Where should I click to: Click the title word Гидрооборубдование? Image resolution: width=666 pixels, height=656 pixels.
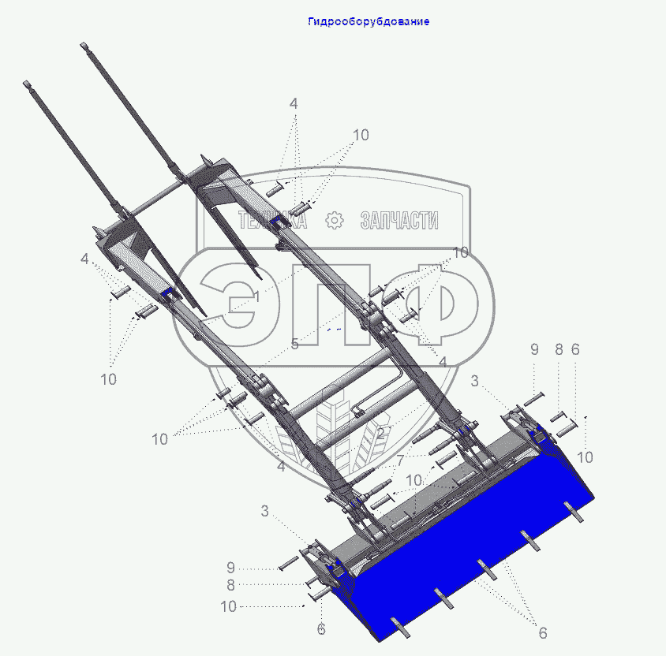[369, 21]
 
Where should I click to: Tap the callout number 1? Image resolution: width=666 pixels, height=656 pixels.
[256, 297]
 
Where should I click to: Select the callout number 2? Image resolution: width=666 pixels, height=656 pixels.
[381, 433]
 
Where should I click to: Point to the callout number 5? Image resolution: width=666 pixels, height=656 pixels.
[295, 344]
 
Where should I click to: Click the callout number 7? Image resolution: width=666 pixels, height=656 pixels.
[400, 460]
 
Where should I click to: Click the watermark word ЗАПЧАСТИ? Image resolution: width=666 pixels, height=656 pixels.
[398, 220]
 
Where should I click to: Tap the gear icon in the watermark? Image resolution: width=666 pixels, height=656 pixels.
[335, 220]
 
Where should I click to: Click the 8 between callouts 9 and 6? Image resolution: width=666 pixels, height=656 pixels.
[559, 349]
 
